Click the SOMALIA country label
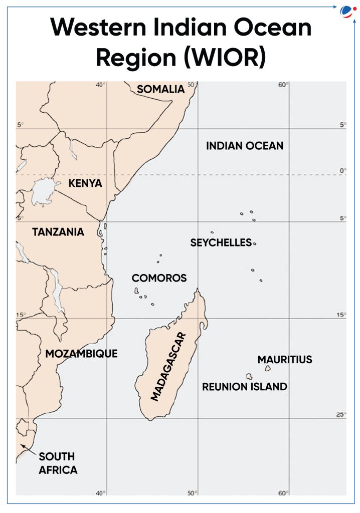coord(160,89)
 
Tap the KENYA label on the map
coord(85,183)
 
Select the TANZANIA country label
coord(58,232)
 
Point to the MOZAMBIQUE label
coord(81,354)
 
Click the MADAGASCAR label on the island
coord(168,366)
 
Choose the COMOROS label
coord(159,278)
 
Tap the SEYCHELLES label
coord(221,243)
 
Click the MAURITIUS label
coord(285,360)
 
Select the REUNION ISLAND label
coord(245,387)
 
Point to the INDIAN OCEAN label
coord(245,146)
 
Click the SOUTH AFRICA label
coord(58,463)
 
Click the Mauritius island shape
coord(268,368)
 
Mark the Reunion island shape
coord(249,376)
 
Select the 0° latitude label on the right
coord(343,171)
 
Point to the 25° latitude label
coord(341,414)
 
